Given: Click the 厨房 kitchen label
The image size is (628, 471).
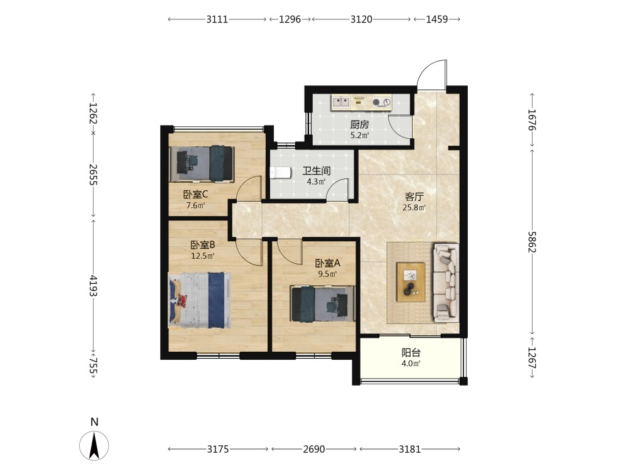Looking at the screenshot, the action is tap(359, 124).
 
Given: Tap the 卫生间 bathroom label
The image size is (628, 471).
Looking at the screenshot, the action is tap(316, 171).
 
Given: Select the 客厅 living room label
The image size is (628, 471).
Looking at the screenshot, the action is tap(414, 197).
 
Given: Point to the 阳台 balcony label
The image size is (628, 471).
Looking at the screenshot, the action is tap(411, 353).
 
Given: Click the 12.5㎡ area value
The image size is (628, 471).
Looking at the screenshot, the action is tap(203, 256).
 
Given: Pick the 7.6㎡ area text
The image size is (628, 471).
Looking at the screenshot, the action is tap(195, 206).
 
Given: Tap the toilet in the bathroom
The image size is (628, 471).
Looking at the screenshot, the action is tap(280, 173).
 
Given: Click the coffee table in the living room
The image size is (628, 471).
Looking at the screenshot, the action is tap(411, 281).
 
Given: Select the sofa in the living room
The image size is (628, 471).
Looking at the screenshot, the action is tap(445, 283).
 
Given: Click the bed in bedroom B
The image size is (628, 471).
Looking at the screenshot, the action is tap(200, 300).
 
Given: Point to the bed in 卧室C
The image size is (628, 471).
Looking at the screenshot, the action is tap(202, 164).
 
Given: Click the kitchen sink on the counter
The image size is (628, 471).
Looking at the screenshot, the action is tap(341, 102).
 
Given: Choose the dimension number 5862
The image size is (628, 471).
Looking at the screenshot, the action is tap(532, 242).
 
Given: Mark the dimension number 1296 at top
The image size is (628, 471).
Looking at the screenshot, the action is tap(290, 19).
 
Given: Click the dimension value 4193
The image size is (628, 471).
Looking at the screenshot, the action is tap(93, 286).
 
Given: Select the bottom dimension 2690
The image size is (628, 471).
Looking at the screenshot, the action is tap(314, 450).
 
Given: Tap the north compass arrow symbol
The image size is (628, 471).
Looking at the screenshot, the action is tap(94, 445).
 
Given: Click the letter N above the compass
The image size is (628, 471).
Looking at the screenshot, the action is tap(94, 422).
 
